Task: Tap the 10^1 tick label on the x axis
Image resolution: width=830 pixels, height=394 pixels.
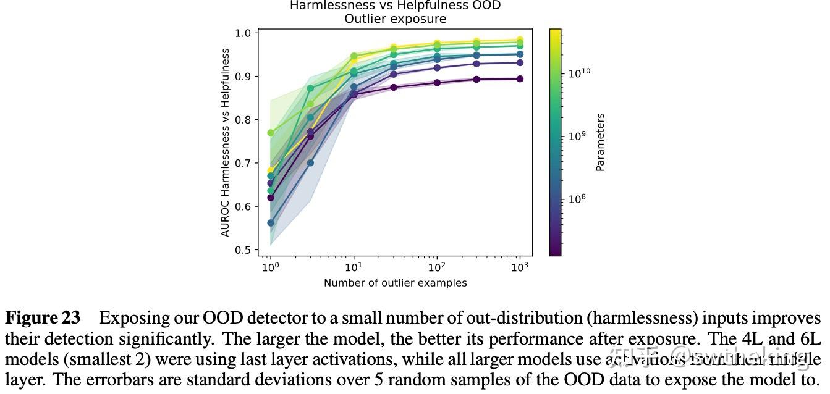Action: click(353, 267)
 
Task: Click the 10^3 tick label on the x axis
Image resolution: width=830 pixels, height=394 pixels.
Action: click(520, 267)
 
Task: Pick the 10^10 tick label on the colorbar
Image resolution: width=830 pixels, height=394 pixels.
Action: click(580, 73)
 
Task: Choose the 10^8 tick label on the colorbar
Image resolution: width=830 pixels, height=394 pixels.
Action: click(578, 199)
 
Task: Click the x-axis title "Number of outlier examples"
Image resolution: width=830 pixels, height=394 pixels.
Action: click(395, 283)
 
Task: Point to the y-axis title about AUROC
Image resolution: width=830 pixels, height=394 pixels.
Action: click(226, 143)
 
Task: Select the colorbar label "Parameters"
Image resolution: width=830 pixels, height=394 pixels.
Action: click(600, 142)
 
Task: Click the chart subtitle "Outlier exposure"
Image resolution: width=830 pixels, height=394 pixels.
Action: click(395, 19)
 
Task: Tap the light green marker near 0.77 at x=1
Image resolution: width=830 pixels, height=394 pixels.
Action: click(270, 133)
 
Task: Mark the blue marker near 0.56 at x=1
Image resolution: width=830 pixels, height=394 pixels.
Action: click(270, 223)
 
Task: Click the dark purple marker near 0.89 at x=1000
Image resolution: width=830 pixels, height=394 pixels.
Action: click(520, 79)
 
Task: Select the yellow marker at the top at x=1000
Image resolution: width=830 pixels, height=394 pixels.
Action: click(520, 40)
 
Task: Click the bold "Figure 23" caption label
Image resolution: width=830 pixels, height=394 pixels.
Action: click(43, 318)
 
